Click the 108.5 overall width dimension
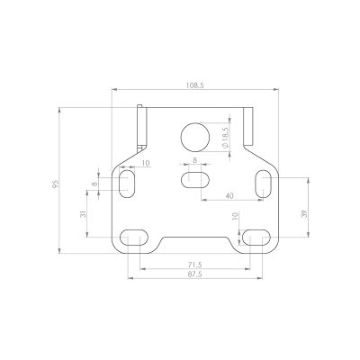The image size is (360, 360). tap(195, 85)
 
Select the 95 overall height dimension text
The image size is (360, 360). tap(56, 184)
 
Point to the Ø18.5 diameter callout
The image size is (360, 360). tap(226, 137)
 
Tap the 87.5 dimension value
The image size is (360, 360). tap(195, 274)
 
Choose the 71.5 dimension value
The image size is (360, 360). tap(195, 265)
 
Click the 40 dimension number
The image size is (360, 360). tap(229, 196)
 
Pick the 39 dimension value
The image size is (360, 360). tap(304, 214)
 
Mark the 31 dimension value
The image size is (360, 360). tap(84, 214)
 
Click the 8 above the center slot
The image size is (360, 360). tap(194, 160)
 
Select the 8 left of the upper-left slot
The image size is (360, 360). tap(94, 184)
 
